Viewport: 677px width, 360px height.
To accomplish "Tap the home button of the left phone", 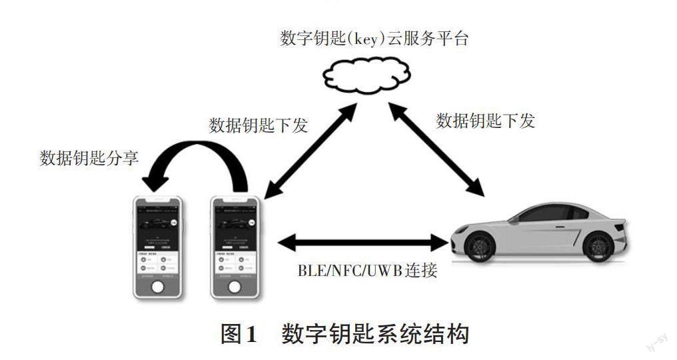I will click(x=157, y=287).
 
